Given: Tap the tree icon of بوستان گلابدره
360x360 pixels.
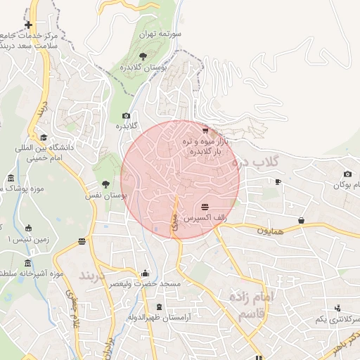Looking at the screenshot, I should pyautogui.click(x=143, y=54).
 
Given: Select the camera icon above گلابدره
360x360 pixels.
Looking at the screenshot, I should pyautogui.click(x=126, y=116).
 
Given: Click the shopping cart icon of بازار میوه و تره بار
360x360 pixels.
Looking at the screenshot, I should pyautogui.click(x=205, y=130).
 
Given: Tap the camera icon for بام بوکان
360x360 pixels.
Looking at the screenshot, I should pyautogui.click(x=347, y=174).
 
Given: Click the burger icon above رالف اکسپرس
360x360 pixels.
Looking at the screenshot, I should pyautogui.click(x=205, y=207).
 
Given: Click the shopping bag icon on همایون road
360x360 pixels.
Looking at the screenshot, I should pyautogui.click(x=302, y=221).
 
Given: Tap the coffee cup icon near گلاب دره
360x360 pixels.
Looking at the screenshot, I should pyautogui.click(x=278, y=182).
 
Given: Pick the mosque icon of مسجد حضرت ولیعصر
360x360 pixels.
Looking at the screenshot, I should pyautogui.click(x=146, y=274).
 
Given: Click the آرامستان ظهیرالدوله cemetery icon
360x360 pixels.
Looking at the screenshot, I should pyautogui.click(x=158, y=307).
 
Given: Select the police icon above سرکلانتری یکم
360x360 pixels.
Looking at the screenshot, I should pyautogui.click(x=339, y=308).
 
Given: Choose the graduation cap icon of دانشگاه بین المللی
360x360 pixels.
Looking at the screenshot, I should pyautogui.click(x=44, y=138).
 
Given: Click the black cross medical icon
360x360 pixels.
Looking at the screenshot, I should pyautogui.click(x=28, y=25).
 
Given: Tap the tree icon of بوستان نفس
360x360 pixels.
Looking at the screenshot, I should pyautogui.click(x=105, y=184).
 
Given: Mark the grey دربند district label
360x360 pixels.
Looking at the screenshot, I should pyautogui.click(x=96, y=273).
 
